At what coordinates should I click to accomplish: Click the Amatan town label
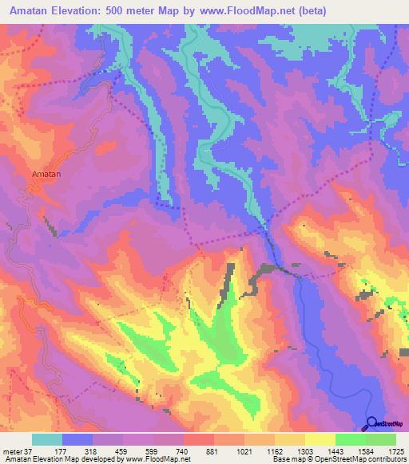pos(46,173)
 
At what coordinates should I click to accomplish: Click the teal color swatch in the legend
pos(47,439)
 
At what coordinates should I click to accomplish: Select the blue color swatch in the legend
pos(77,439)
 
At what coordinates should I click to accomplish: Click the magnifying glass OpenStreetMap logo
pos(371,423)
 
